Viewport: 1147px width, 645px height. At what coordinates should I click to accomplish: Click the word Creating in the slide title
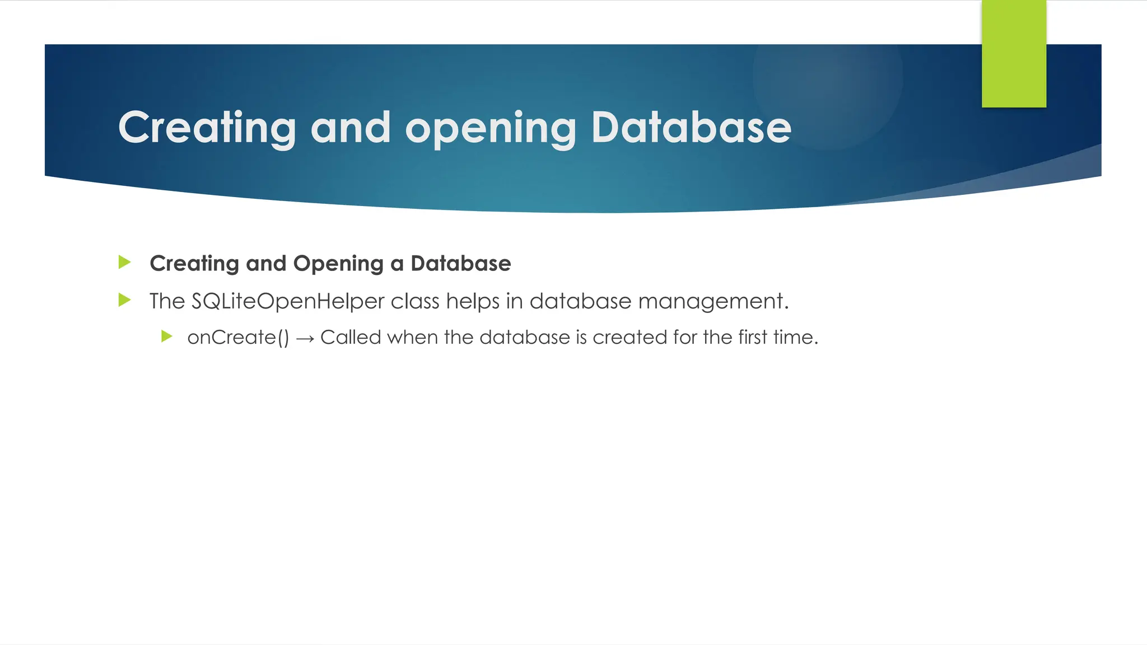(207, 128)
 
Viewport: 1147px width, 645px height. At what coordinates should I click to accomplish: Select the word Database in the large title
(691, 128)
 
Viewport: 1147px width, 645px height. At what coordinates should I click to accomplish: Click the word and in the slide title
(350, 128)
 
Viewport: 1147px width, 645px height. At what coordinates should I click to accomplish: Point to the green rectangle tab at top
(1014, 54)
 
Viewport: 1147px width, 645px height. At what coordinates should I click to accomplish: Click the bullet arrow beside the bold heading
(125, 262)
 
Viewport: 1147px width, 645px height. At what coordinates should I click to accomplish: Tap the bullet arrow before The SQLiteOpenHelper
(125, 301)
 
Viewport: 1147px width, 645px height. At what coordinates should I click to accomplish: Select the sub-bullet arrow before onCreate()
(166, 336)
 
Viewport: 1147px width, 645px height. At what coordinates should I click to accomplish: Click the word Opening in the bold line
(338, 264)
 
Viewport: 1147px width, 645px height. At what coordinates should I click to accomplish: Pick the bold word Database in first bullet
(460, 263)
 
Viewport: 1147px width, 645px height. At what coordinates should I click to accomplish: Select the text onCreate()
(238, 338)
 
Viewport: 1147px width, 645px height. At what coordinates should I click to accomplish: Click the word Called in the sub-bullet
(351, 337)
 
